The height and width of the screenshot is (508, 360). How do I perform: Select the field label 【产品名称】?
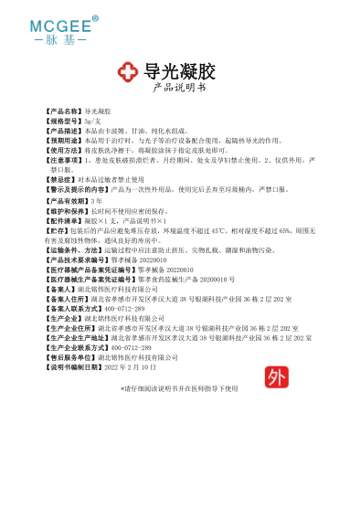pos(64,122)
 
